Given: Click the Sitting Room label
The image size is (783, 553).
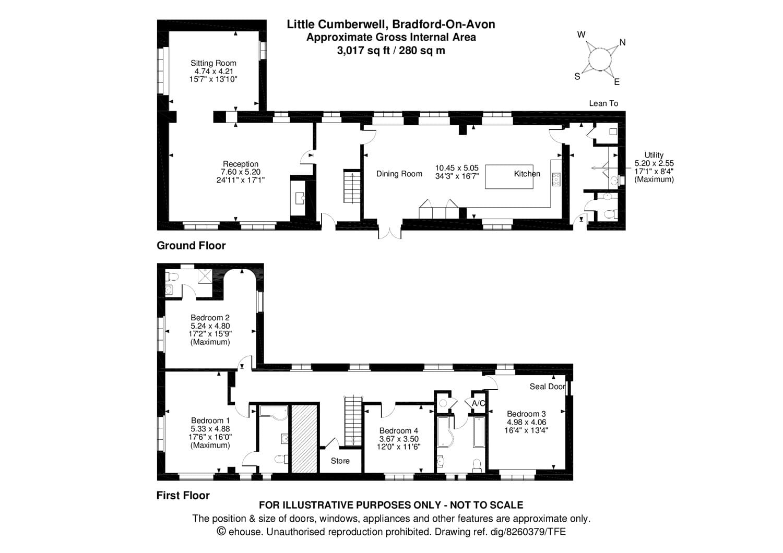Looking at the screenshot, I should pos(213,63).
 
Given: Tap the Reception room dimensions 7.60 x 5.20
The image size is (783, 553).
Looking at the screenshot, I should pos(240,172).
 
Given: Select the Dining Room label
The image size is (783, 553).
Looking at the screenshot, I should pos(399,174).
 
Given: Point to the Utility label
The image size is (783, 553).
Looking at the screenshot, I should pos(654,155).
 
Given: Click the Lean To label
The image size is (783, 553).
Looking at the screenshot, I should pos(603,103).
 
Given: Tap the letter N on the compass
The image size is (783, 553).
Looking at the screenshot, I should pos(622,42).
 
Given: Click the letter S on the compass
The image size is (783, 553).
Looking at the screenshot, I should pos(577,76).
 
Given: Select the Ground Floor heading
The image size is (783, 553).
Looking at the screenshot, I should pos(191,245).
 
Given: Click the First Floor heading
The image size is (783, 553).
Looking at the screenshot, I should pos(183,496).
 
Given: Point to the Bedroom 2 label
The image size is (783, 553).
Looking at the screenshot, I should pos(210,318).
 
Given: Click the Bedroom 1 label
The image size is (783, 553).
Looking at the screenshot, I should pos(210,420).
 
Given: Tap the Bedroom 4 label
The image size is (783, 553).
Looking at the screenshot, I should pos(398,431).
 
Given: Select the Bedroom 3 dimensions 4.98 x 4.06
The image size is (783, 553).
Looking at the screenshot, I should pos(526,422).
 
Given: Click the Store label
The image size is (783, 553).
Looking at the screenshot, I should pos(340,461).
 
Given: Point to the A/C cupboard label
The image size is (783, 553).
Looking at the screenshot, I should pos(478,403).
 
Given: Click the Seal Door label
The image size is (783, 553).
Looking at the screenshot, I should pos(547,387).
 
